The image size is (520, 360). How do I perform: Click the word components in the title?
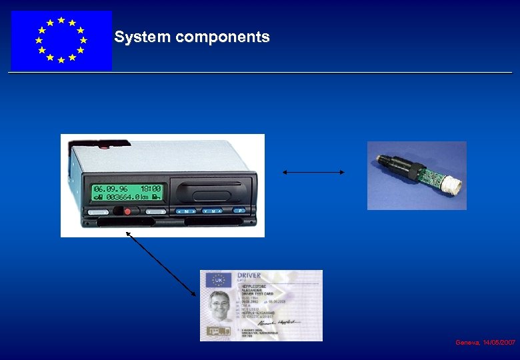(222, 38)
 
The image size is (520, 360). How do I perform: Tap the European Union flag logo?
(61, 41)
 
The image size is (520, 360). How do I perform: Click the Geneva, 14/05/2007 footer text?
(485, 342)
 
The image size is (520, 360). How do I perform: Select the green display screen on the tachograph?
(128, 192)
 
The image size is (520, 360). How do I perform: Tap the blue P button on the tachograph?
(237, 211)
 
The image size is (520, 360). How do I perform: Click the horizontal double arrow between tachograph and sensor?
(313, 172)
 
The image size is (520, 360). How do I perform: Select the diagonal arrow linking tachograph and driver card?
(161, 263)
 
